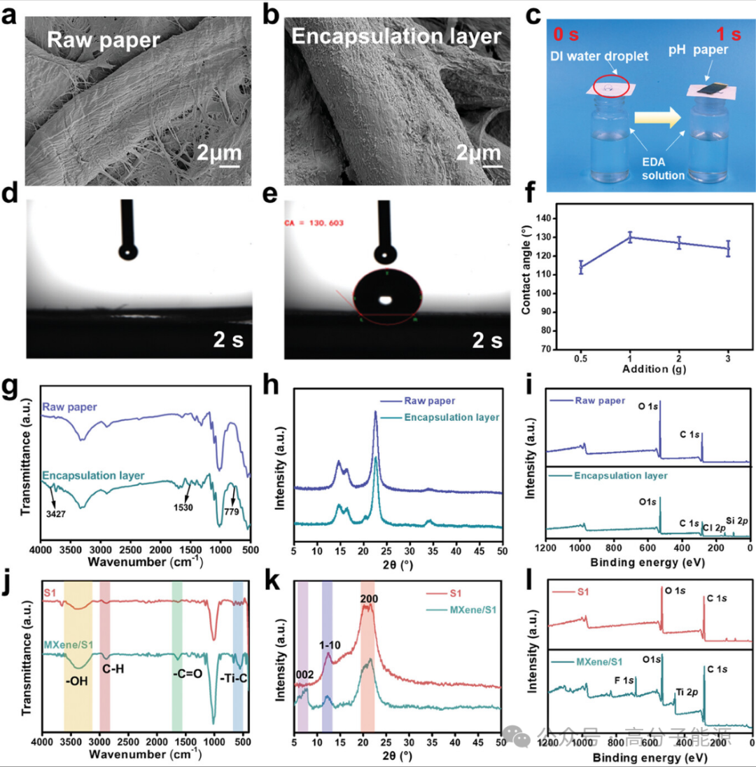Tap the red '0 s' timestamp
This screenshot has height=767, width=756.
(x=568, y=34)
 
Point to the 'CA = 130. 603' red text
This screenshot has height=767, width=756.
(x=313, y=223)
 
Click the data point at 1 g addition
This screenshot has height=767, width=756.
(x=629, y=237)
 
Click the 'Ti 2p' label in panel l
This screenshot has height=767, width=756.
(x=686, y=693)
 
